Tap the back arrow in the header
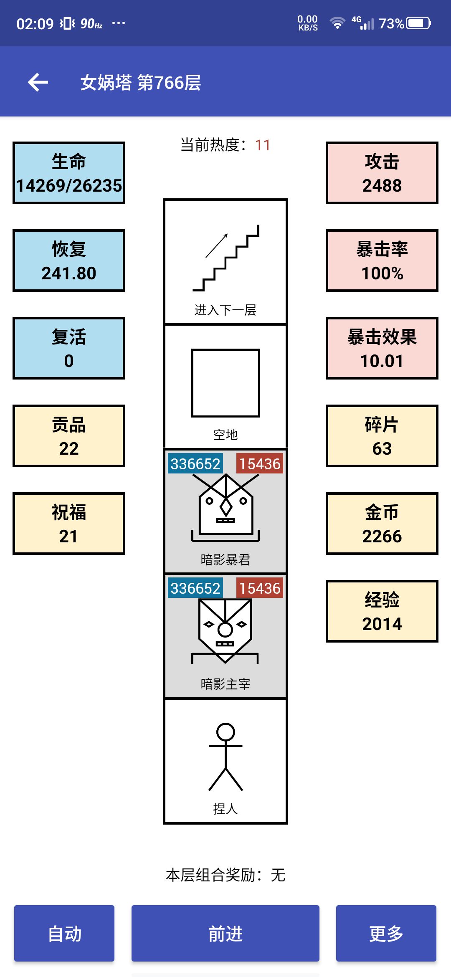point(38,82)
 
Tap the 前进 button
point(225,933)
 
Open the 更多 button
point(386,933)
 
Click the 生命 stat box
point(69,173)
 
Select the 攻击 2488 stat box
point(382,173)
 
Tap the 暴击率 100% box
point(382,261)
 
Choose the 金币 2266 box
point(382,524)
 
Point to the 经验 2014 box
point(382,611)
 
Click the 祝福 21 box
point(69,524)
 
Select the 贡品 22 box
point(69,436)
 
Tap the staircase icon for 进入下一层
point(226,258)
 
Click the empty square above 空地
point(225,383)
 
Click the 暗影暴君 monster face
point(225,508)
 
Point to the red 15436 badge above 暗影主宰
point(260,588)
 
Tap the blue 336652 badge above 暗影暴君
point(195,464)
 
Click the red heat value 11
point(263,145)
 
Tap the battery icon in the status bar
point(419,23)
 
